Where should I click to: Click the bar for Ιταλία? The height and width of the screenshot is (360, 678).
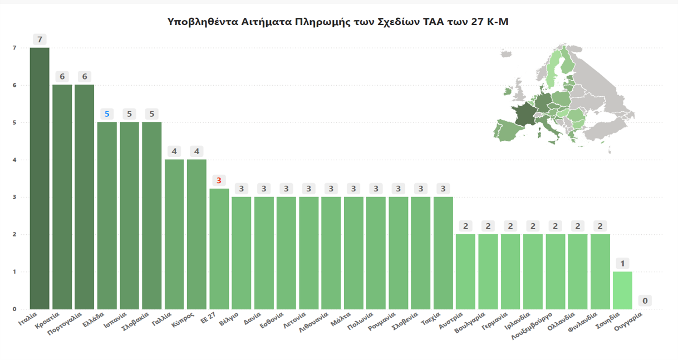(40, 178)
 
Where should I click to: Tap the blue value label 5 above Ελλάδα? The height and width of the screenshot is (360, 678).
(107, 114)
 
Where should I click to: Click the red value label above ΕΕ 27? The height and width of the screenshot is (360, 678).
(219, 180)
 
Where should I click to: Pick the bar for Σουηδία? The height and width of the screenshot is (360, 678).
(622, 290)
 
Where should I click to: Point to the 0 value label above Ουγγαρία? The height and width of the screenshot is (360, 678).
(645, 301)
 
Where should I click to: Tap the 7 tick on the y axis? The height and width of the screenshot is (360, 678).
(14, 48)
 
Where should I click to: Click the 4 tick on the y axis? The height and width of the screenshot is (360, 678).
(14, 160)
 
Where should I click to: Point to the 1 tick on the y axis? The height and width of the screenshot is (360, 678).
(14, 272)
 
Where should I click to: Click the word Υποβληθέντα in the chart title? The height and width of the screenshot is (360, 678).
(202, 22)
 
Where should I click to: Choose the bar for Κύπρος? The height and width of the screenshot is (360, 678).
(196, 234)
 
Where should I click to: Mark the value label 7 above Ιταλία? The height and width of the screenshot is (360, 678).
(40, 40)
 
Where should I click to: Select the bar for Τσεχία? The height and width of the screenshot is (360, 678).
(443, 253)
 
